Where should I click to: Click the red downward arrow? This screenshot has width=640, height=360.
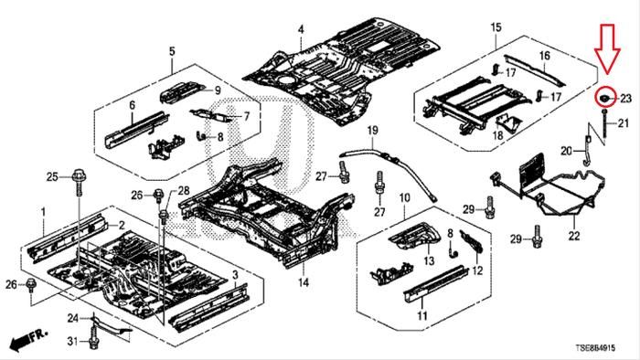[607, 49]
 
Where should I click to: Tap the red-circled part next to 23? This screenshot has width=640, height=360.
[605, 97]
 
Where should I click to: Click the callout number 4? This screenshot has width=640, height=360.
[301, 30]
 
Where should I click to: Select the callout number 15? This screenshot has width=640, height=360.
[496, 27]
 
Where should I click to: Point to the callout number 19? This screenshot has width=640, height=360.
[372, 131]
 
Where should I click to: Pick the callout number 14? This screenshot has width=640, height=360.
[304, 281]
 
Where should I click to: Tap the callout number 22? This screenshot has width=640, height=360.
[574, 236]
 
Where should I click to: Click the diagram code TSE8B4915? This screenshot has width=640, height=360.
[595, 348]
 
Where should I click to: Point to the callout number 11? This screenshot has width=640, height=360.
[422, 315]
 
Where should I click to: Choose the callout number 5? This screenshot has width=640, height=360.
[172, 51]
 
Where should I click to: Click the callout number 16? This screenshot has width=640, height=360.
[545, 56]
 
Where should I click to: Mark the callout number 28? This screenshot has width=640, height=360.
[184, 190]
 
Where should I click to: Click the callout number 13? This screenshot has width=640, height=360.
[429, 260]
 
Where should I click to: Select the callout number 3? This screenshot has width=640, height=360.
[235, 275]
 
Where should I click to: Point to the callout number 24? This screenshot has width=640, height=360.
[72, 318]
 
